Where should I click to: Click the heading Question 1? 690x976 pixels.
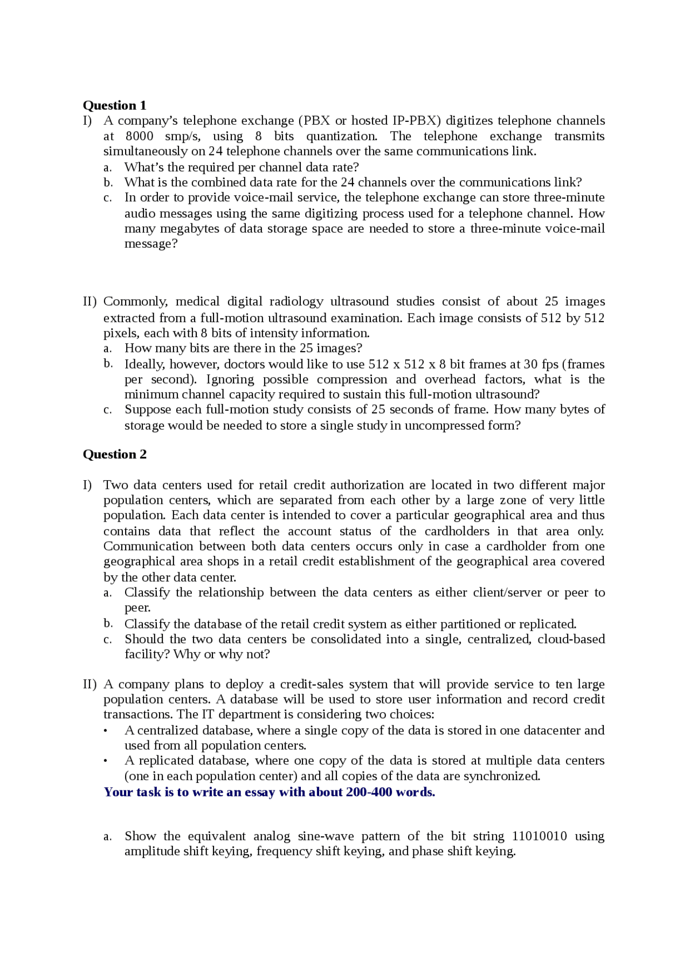(114, 105)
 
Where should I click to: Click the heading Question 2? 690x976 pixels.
(114, 454)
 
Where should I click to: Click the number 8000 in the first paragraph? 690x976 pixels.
(139, 136)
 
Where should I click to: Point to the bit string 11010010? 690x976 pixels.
(539, 836)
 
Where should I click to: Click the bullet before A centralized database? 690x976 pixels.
(106, 731)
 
